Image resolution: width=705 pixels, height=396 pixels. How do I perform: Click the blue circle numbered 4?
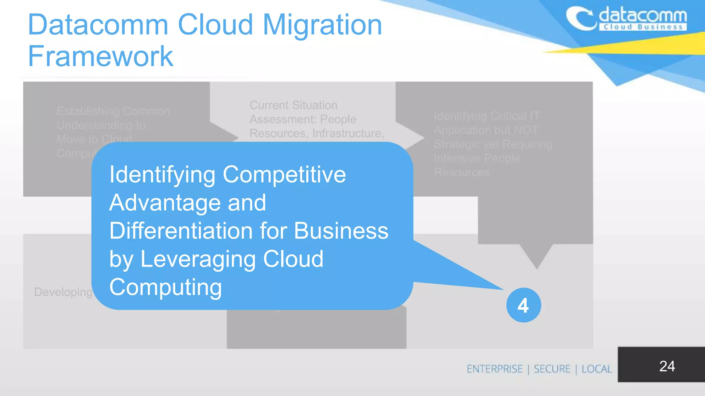coord(523,305)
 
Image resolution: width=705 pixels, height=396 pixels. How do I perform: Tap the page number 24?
coord(667,366)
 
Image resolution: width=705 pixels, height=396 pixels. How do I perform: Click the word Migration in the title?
coord(322,25)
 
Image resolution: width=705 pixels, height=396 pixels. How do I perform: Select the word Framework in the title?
coord(101,56)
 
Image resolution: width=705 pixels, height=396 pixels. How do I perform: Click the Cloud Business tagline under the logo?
coord(643,27)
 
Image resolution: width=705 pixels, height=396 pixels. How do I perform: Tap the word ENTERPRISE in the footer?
coord(494,369)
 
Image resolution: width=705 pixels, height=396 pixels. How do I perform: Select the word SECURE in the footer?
coord(552,369)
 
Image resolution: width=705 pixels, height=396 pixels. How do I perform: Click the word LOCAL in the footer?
coord(597,369)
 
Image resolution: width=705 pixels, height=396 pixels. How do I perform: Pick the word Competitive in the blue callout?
coord(284,175)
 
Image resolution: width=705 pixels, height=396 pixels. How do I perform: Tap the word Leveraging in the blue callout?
coord(197,259)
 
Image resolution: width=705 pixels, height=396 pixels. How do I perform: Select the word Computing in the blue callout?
coord(166,287)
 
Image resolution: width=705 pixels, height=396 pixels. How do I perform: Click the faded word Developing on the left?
coord(63,292)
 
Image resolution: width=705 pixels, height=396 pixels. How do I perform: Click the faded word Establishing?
coord(88,111)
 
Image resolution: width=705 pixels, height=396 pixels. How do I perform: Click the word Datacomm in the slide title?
coord(98,25)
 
